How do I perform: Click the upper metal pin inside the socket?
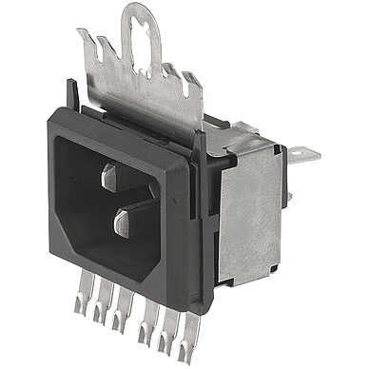[x=108, y=177]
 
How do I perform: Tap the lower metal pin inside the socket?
[x=122, y=223]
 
